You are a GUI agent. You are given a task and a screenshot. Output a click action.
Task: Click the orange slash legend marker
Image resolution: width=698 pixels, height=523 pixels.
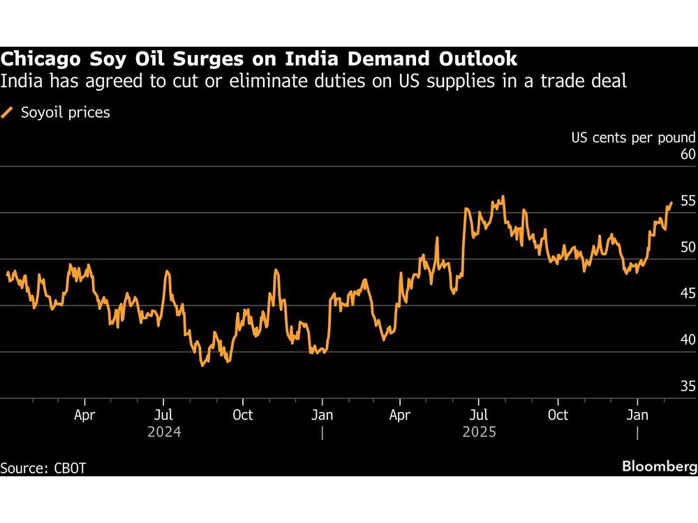[x=8, y=112]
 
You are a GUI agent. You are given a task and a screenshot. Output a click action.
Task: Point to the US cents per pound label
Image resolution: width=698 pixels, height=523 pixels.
[x=634, y=137]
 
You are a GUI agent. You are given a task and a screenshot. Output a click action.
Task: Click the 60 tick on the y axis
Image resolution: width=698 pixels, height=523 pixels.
[x=687, y=155]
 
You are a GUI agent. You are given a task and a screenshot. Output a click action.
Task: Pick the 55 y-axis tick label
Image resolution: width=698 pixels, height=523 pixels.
[x=687, y=201]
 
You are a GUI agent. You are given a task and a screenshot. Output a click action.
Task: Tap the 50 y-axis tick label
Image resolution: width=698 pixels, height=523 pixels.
[x=687, y=248]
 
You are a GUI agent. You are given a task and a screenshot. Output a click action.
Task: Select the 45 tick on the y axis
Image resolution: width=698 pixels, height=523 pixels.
[x=687, y=294]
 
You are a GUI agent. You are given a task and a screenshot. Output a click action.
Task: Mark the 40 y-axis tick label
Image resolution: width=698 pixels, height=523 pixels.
[x=687, y=340]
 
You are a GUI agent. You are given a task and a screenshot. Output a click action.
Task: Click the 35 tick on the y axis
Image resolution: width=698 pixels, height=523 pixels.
[x=687, y=386]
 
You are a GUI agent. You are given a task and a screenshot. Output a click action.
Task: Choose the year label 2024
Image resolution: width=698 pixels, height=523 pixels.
[x=164, y=432]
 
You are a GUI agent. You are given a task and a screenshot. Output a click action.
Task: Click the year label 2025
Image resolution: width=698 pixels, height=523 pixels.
[x=479, y=432]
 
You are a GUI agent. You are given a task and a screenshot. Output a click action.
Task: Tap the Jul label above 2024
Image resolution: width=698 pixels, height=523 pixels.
[x=163, y=415]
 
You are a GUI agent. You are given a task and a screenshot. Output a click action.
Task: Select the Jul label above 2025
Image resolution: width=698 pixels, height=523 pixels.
[x=478, y=415]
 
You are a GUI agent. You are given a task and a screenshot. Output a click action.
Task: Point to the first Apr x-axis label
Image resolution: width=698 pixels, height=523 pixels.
[x=84, y=415]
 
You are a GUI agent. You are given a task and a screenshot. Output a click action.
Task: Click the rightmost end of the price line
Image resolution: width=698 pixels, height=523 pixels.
[x=671, y=203]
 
